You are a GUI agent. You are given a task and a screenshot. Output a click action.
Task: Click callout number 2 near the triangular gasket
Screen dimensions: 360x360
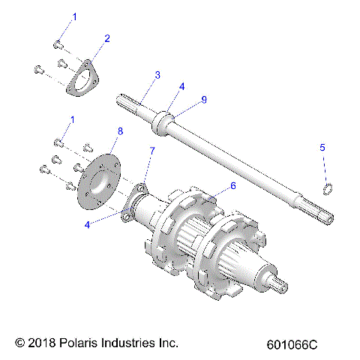[x=107, y=38]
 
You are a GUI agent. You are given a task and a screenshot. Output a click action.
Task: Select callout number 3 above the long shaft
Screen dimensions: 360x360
[x=157, y=74]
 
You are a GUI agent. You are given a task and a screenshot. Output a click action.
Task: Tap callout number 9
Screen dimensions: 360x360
[x=203, y=100]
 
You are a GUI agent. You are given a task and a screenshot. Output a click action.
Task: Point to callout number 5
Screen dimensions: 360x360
[x=322, y=169]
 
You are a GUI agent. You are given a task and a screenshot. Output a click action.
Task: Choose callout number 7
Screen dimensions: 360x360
[x=152, y=151]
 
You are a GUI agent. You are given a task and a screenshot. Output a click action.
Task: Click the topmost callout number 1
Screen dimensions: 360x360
[x=73, y=16]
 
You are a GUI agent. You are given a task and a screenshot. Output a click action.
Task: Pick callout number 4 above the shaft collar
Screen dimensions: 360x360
[x=181, y=86]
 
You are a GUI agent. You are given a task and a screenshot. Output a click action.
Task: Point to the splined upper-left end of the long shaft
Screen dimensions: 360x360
[x=127, y=98]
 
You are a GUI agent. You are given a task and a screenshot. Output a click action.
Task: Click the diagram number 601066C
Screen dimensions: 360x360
[x=292, y=345]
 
